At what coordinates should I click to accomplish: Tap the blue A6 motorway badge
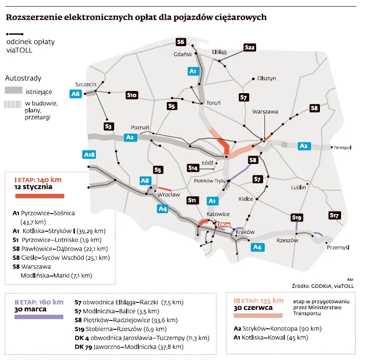point(76,93)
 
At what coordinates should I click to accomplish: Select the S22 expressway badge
point(250,47)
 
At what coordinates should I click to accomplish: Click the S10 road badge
point(132,95)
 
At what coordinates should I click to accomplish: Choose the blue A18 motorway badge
point(89,154)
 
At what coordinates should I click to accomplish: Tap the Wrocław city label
point(169,194)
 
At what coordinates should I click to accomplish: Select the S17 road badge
point(335,215)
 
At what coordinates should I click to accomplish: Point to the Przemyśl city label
point(338,247)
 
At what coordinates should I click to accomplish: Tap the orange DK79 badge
point(224,225)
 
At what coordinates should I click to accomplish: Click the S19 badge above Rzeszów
point(297,217)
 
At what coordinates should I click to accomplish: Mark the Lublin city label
point(298,187)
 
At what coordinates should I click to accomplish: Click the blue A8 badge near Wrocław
point(146,180)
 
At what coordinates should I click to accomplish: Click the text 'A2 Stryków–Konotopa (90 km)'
point(277,328)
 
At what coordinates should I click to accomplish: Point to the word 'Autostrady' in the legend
point(23,78)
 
